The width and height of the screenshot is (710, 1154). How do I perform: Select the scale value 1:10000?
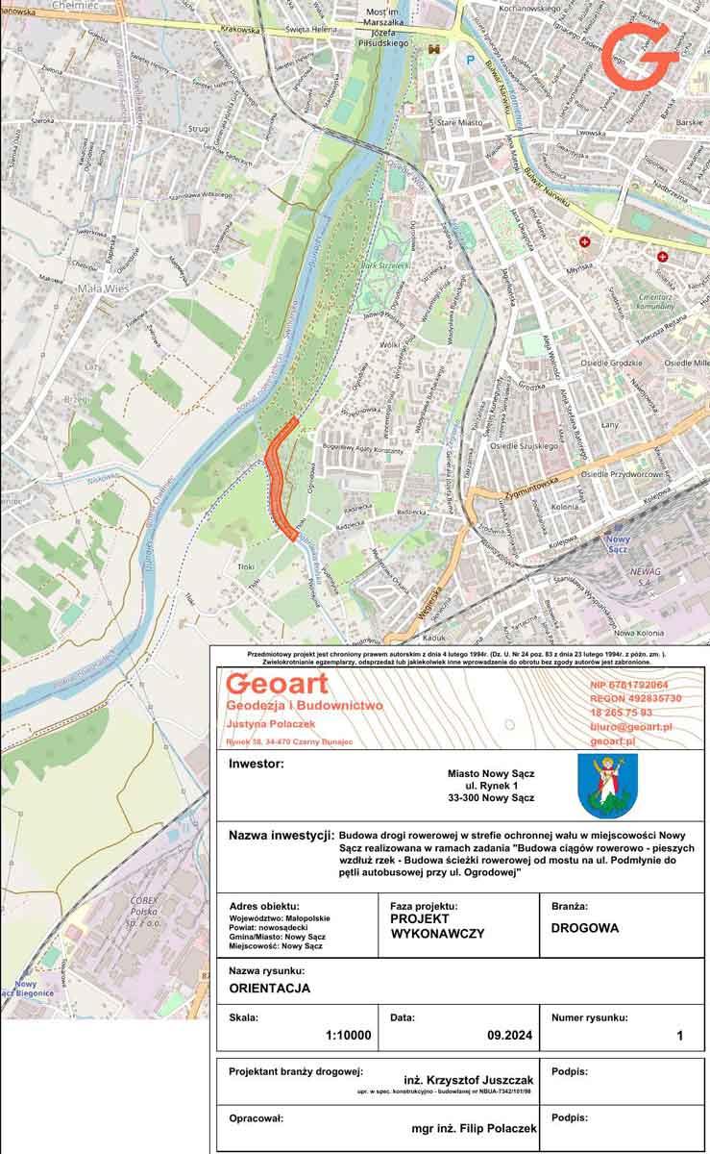pos(348,1036)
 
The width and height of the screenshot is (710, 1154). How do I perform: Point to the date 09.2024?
pos(508,1036)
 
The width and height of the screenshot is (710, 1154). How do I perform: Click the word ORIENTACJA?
pos(269,988)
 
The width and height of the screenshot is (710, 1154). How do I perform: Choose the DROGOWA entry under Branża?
pos(585,928)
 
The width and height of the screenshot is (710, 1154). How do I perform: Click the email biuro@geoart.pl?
pos(630,727)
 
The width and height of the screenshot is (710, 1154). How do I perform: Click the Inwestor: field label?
pos(257,765)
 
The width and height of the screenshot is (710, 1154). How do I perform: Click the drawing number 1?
pos(679,1036)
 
